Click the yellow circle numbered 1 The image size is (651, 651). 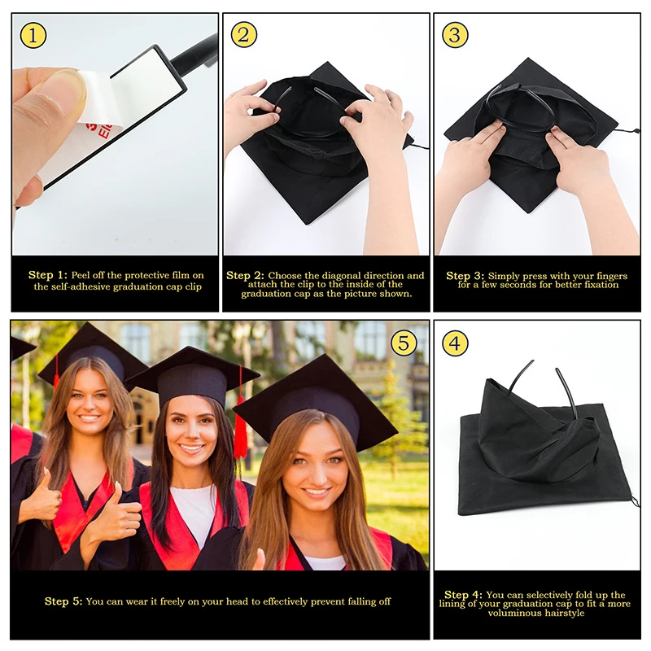coord(33,34)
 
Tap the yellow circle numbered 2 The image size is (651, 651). coord(244,34)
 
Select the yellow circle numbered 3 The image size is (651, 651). coord(455,34)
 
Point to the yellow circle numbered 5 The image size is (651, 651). coord(404,343)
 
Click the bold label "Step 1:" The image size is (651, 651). coord(48,275)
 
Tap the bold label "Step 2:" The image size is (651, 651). coord(245,275)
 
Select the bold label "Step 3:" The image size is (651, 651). coord(465,275)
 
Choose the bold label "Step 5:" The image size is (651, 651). coord(63,601)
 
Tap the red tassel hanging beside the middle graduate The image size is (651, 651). coord(240,435)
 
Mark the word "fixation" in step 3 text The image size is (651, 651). coord(596,285)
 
